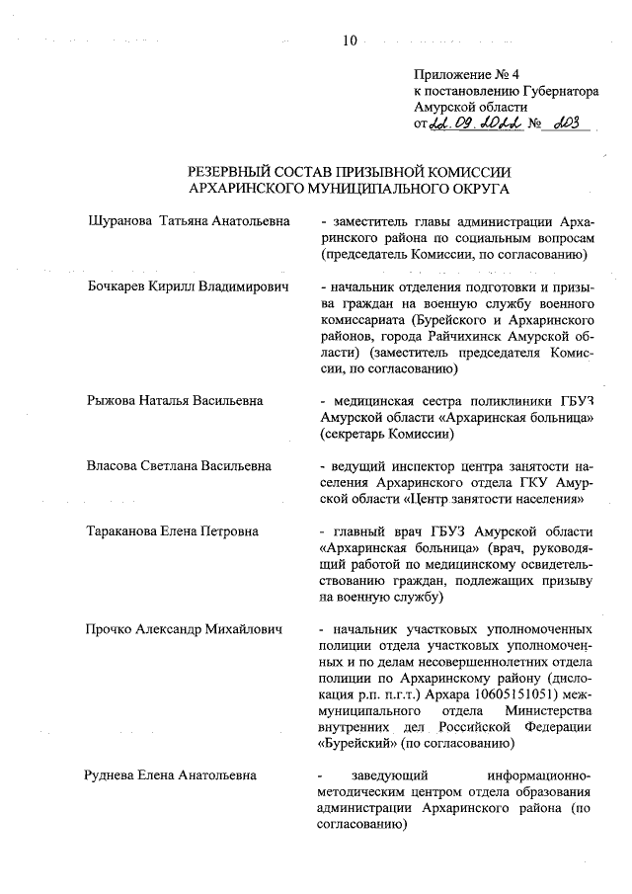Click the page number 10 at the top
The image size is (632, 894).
[x=349, y=40]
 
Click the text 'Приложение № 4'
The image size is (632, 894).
[x=462, y=75]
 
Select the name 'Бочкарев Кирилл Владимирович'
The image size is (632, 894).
[x=186, y=286]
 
